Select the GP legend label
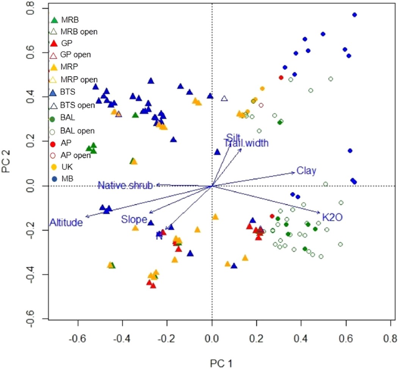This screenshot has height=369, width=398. coord(67,43)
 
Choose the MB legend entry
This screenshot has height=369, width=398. coord(66,179)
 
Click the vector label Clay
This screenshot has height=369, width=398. coord(306,171)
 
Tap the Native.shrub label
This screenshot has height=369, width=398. coord(125,185)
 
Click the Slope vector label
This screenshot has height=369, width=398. coord(133,219)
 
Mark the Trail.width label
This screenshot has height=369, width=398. coord(246,143)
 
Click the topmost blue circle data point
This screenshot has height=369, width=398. coord(354,15)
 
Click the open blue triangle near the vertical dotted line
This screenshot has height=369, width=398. coord(224,99)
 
